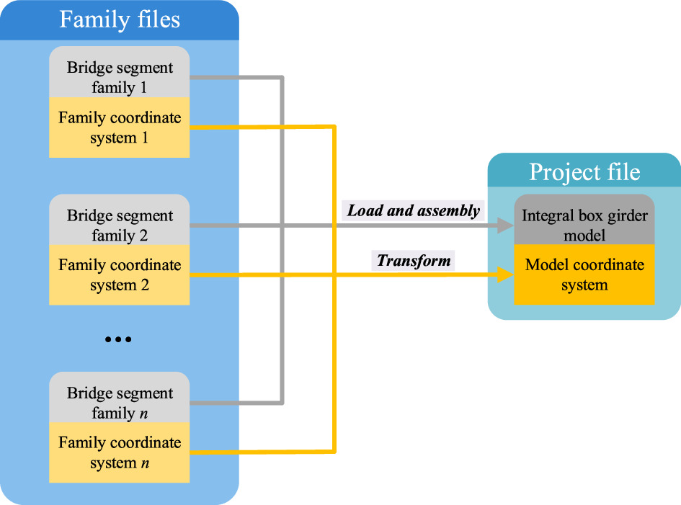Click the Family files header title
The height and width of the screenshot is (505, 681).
pos(120,19)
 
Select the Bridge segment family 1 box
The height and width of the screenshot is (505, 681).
pos(120,77)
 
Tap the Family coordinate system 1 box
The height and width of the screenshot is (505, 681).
pos(120,128)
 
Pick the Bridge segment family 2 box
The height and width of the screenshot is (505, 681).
pos(120,225)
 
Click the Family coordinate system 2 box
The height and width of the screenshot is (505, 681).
pos(120,275)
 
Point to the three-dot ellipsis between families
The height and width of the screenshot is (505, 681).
pos(118,339)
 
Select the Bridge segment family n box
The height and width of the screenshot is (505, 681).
pos(120,403)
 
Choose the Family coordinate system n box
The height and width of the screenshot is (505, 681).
pos(120,453)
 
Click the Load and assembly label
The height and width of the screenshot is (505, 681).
pos(413,211)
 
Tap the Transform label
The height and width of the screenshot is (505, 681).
pos(414,261)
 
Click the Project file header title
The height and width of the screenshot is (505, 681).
pos(584,172)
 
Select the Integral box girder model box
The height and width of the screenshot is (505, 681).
pos(584,224)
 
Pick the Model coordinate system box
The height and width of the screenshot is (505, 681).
pos(584,274)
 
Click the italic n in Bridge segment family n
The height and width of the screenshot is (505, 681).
pos(144,414)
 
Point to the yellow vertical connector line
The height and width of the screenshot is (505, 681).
pos(334,346)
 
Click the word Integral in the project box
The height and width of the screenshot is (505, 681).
pos(546,215)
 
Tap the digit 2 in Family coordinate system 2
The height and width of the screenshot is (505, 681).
pos(145,285)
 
